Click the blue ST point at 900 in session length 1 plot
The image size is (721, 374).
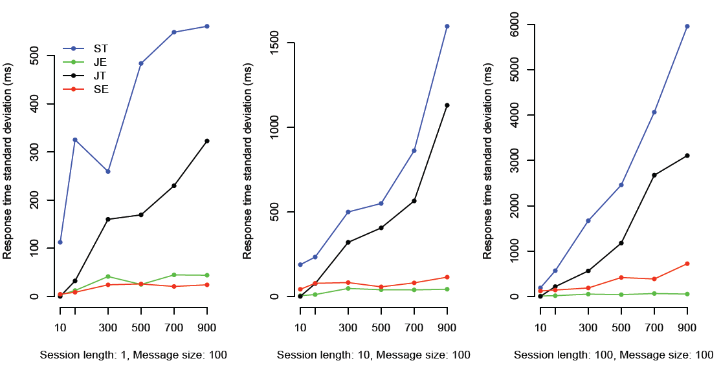tap(206, 26)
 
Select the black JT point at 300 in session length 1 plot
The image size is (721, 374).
tap(108, 220)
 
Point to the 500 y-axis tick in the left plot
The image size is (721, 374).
tap(36, 56)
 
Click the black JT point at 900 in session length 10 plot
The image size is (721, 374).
tap(447, 105)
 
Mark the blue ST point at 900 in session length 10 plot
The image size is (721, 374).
tap(447, 26)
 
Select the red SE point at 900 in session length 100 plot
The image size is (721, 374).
tap(687, 264)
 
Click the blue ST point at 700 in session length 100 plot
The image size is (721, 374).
tap(654, 112)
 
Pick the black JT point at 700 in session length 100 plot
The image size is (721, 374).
tap(654, 175)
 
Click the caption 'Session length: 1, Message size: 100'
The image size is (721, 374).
tap(133, 355)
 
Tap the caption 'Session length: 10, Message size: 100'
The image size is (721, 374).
tap(373, 355)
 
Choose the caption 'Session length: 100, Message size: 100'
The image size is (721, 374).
tap(614, 355)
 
